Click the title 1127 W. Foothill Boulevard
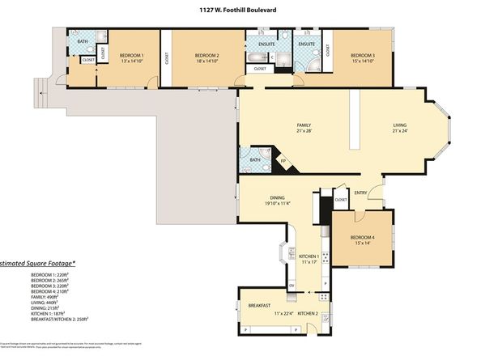tap(240, 11)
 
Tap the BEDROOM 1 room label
tap(131, 55)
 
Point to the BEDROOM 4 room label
tap(362, 237)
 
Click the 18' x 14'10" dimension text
tap(207, 61)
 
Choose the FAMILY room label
tap(304, 125)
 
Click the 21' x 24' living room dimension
tap(399, 131)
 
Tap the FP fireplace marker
tap(283, 161)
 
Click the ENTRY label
tap(360, 193)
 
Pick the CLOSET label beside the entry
tap(340, 198)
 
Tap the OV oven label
tap(292, 285)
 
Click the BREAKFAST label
tap(260, 306)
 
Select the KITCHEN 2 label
tap(307, 312)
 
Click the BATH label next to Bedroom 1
tap(82, 40)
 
